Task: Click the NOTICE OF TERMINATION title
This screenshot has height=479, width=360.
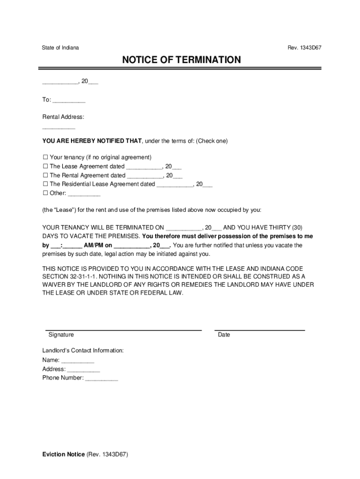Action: click(x=181, y=60)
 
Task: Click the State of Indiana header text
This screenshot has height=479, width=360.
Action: click(x=60, y=48)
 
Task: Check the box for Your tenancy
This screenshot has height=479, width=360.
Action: click(x=45, y=158)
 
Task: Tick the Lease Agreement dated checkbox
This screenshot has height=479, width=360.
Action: click(x=45, y=167)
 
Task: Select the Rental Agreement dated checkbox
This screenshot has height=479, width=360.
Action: click(x=45, y=175)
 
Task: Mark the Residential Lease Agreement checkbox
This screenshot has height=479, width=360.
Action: click(x=45, y=184)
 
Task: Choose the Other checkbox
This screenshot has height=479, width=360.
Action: click(x=45, y=193)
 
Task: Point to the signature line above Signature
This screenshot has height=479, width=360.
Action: click(x=123, y=330)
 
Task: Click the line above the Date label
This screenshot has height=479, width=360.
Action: click(x=259, y=330)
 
